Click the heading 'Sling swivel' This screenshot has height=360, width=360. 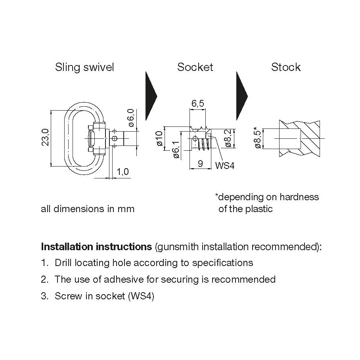(84, 67)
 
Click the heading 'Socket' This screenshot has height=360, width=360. (195, 67)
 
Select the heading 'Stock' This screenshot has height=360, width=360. (286, 67)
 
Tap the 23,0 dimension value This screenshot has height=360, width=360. (45, 138)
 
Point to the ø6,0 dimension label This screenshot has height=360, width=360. (131, 118)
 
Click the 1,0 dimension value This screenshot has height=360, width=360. (123, 172)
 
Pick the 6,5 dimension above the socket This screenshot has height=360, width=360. (198, 103)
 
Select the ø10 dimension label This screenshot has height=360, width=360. (159, 138)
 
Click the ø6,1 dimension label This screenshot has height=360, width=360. (176, 150)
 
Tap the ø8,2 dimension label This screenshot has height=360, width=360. (228, 138)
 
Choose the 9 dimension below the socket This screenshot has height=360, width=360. (200, 164)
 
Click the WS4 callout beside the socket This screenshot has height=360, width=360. (225, 165)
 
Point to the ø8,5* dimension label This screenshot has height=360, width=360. (258, 138)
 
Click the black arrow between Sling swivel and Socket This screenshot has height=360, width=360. (151, 96)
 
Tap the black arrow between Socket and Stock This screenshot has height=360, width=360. (241, 96)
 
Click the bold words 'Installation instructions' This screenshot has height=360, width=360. (96, 247)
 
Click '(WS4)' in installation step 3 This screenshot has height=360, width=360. (141, 296)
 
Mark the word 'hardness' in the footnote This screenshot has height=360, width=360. (299, 197)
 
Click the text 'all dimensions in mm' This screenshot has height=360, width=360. (88, 209)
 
